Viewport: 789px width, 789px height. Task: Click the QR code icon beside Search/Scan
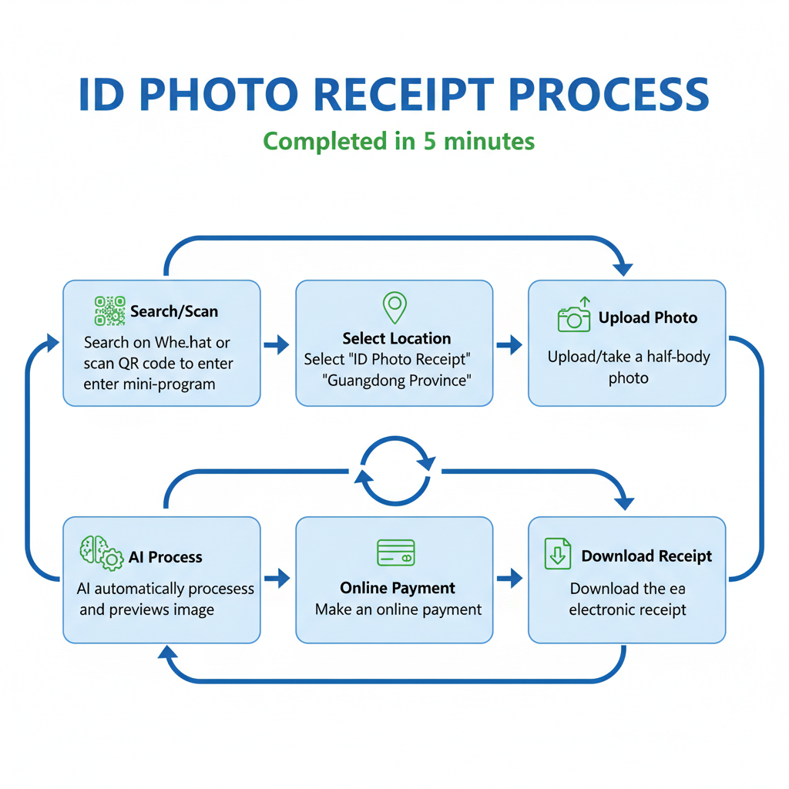click(109, 311)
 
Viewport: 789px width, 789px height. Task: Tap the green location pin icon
click(394, 307)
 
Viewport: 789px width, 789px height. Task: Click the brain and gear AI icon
click(101, 553)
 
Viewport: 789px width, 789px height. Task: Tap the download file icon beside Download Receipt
click(557, 553)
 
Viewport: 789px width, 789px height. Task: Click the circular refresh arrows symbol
click(394, 470)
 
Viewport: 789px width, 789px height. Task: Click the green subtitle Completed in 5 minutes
click(398, 142)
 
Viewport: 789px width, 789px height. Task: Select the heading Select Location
click(397, 338)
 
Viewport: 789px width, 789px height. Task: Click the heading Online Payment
click(398, 588)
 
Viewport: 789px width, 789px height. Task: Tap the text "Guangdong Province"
click(398, 380)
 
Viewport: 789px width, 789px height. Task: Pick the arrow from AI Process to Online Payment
click(277, 577)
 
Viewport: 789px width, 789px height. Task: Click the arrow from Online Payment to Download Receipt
click(509, 577)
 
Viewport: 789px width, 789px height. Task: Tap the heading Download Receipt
click(646, 556)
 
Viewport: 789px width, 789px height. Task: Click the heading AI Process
click(165, 557)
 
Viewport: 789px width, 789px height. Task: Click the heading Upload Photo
click(647, 317)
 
